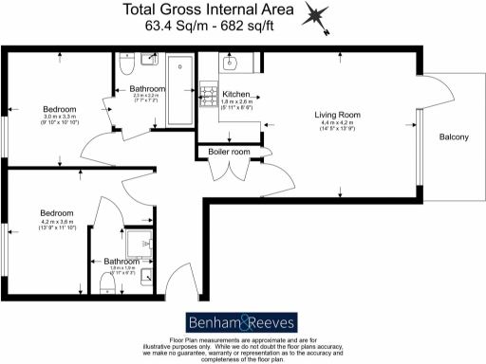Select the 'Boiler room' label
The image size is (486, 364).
pos(229,152)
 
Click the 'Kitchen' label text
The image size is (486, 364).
pos(236,95)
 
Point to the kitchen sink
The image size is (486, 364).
pos(233,64)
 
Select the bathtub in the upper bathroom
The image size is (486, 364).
pos(179,93)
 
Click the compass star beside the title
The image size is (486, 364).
pos(317,17)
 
